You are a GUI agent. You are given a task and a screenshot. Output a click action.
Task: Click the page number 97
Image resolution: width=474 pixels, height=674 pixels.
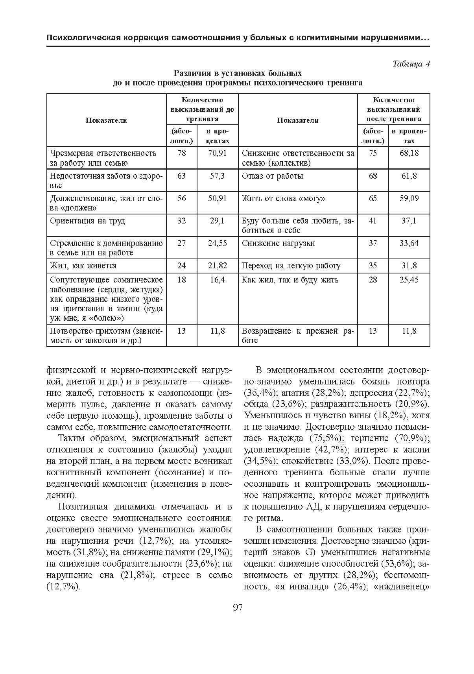point(238,608)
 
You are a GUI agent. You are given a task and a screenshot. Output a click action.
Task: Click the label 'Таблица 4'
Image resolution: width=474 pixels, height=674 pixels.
point(411,64)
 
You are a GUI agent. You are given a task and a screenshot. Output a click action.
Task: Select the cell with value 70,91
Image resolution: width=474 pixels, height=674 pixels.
point(217,153)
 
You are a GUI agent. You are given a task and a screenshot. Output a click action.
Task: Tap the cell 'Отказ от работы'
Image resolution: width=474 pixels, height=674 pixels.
point(272,176)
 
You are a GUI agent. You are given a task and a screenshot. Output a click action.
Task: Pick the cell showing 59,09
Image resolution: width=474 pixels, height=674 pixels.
point(409,198)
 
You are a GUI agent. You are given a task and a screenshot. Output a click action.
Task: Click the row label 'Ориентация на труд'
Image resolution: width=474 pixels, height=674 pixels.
point(87,221)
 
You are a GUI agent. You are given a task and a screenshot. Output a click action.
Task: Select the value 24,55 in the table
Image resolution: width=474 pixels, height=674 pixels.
point(217,243)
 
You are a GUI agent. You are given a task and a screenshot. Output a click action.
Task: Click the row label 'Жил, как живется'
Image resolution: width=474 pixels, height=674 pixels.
point(83,266)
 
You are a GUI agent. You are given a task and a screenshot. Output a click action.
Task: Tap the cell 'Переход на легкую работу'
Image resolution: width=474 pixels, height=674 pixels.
point(291,266)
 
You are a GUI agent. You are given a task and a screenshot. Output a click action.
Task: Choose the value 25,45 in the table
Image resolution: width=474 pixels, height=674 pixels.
point(409,280)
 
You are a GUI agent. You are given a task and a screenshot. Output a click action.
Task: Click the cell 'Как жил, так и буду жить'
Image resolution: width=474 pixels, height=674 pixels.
point(290,280)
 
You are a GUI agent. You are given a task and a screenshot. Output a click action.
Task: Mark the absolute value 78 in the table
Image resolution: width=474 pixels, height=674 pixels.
point(181,153)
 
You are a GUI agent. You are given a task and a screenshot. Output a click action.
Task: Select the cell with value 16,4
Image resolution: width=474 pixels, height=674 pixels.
point(217,280)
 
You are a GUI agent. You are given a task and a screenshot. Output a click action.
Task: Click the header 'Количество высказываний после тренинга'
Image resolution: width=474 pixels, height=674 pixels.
point(393,109)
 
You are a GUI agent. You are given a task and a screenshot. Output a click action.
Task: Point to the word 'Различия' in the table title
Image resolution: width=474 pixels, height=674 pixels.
point(190,74)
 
